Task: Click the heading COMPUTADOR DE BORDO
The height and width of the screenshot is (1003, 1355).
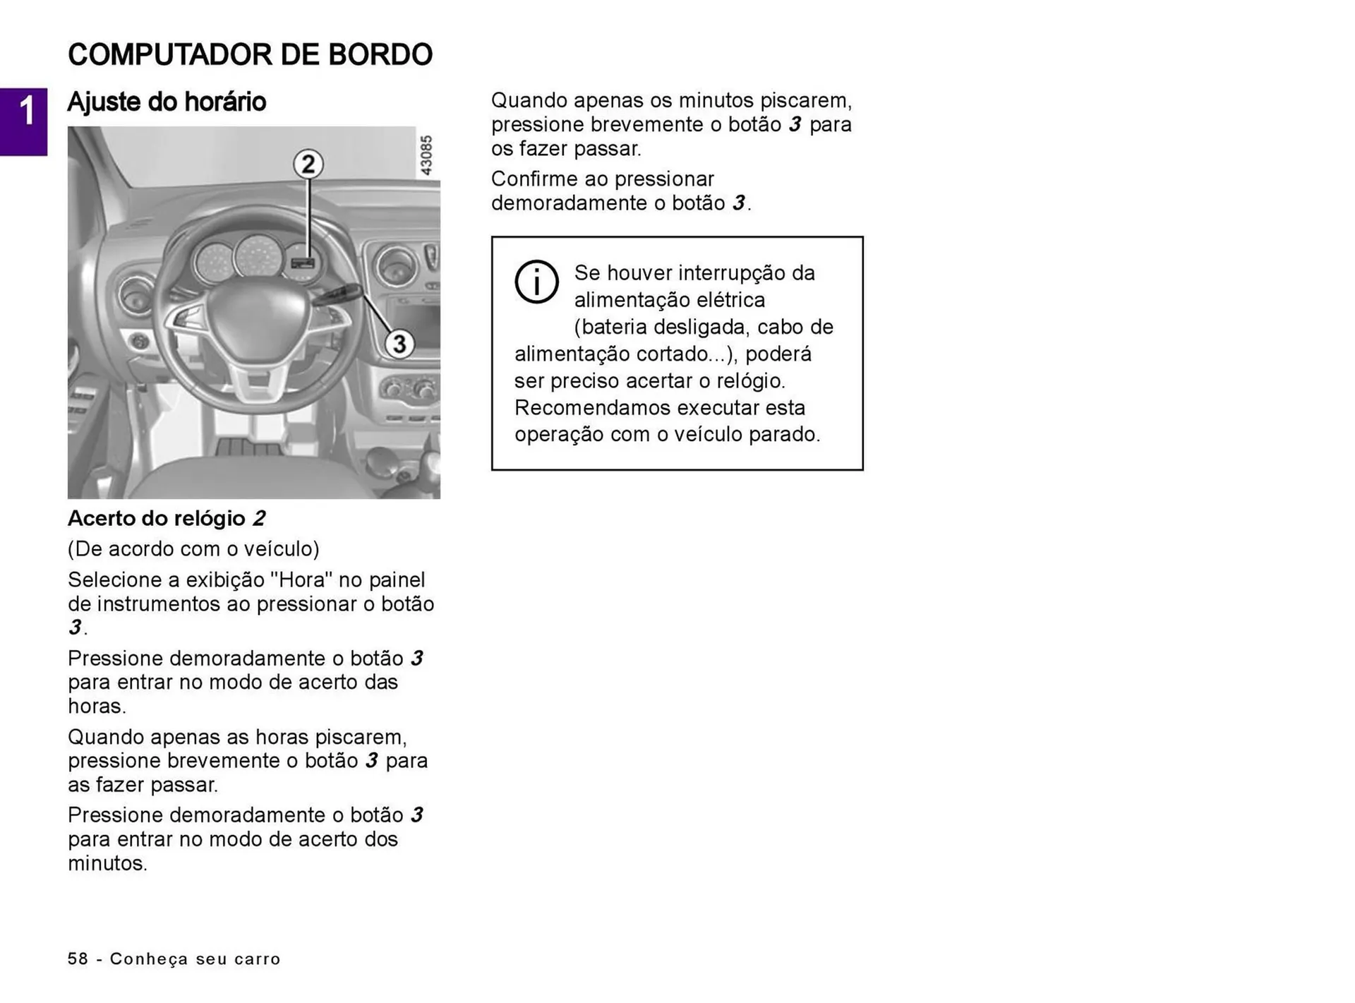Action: pyautogui.click(x=250, y=55)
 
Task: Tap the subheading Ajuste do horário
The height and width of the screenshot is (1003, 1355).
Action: pyautogui.click(x=167, y=102)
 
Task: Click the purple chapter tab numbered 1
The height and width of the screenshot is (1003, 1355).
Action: pyautogui.click(x=23, y=121)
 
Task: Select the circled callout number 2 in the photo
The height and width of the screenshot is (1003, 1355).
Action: pyautogui.click(x=308, y=164)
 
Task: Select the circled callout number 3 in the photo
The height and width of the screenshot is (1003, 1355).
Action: pyautogui.click(x=399, y=344)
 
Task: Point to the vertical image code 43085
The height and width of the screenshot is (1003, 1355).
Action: pyautogui.click(x=426, y=155)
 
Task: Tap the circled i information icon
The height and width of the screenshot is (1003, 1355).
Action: pyautogui.click(x=536, y=282)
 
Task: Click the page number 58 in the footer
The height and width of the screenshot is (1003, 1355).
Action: pyautogui.click(x=78, y=959)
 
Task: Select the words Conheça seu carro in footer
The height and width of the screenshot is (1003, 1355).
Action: pyautogui.click(x=195, y=959)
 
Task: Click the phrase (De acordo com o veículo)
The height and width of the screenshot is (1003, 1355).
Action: pyautogui.click(x=193, y=549)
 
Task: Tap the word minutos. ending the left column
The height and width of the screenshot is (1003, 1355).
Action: pyautogui.click(x=107, y=864)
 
